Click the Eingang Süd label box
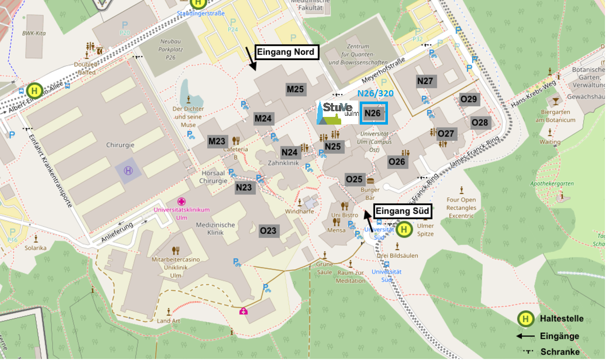coord(402,211)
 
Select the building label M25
coord(295,89)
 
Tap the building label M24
coord(263,119)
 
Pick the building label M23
coord(217,142)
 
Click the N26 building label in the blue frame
coord(373,113)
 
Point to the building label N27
coord(425,81)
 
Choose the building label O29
coord(469,99)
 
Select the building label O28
coord(479,122)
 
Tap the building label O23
coord(268,231)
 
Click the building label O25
coord(354,179)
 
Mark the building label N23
coord(244,188)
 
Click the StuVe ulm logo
coord(336,113)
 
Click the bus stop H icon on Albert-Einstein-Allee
coord(35,91)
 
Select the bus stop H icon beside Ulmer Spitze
coord(404,229)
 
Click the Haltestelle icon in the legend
coord(525,318)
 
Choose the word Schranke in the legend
coord(559,352)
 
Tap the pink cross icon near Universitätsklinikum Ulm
coord(181,201)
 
